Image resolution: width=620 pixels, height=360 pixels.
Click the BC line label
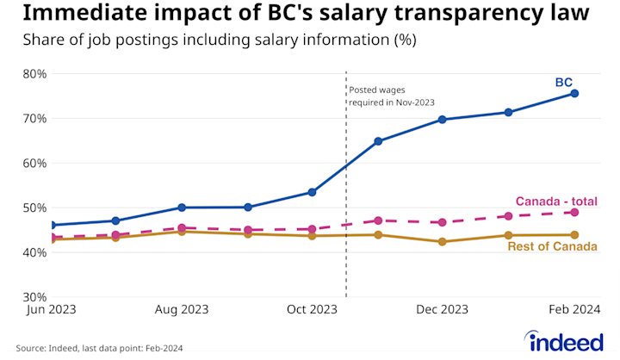tap(563, 83)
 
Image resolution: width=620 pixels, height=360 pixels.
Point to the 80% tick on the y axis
tap(35, 73)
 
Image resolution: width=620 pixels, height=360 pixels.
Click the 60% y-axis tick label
tap(35, 163)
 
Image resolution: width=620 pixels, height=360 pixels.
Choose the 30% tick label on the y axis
tap(35, 297)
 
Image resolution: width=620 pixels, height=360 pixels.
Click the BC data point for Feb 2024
tap(574, 93)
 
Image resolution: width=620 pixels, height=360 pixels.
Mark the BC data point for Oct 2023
tap(312, 192)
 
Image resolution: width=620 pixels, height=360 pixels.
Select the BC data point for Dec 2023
tap(443, 119)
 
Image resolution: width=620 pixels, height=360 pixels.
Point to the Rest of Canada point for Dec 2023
tap(443, 241)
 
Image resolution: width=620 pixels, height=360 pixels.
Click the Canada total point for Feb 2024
tap(574, 212)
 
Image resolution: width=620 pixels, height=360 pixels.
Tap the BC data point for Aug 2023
tap(182, 207)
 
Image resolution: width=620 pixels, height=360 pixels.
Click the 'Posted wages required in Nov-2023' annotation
tap(390, 96)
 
